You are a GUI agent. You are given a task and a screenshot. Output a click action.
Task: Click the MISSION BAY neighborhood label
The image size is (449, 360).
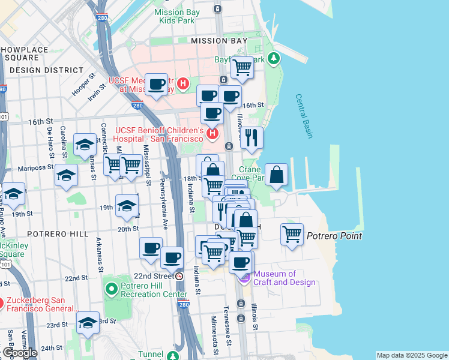(x=218, y=41)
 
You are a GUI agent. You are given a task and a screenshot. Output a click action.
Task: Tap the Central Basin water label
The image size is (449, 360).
(x=304, y=116)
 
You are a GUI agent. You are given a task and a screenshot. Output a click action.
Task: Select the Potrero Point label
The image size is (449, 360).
(x=334, y=236)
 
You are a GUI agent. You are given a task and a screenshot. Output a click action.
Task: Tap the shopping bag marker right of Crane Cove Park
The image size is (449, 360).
(x=276, y=175)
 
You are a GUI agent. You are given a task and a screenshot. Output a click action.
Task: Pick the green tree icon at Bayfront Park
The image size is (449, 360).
(x=274, y=58)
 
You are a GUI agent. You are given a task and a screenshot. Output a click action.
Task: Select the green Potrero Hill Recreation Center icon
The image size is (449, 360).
(x=111, y=290)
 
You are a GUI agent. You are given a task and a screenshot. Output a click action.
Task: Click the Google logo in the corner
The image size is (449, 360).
(x=19, y=353)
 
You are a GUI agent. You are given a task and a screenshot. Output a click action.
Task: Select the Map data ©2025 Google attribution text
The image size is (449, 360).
(x=411, y=355)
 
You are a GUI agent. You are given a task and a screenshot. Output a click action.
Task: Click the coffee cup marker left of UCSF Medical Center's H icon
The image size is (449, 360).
(x=157, y=84)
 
